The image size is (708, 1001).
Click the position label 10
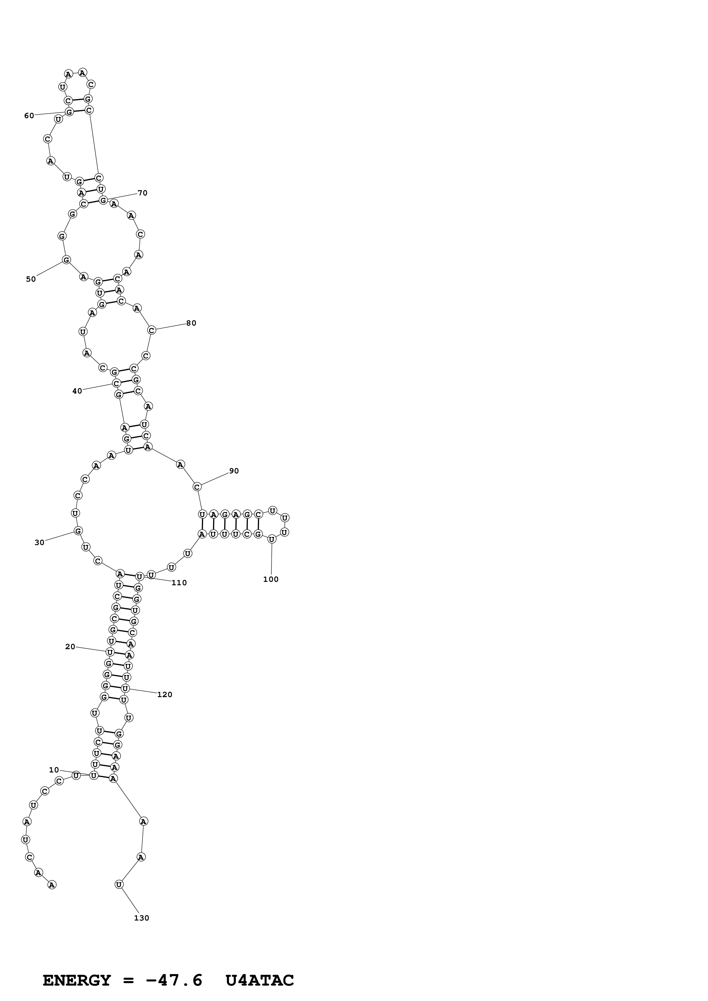click(54, 770)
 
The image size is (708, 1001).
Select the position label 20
click(70, 647)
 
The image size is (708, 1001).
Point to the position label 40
click(77, 391)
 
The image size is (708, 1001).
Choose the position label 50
click(31, 279)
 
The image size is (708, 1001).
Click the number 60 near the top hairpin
click(29, 116)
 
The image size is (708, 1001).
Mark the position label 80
click(191, 323)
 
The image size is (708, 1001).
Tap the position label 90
click(234, 471)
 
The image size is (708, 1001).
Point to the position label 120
click(165, 695)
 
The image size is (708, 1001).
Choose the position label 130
click(141, 918)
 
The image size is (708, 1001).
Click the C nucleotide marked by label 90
click(197, 486)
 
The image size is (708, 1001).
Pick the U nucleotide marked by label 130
click(119, 884)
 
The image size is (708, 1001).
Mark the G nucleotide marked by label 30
click(78, 530)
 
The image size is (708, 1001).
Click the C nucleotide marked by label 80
click(151, 330)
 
